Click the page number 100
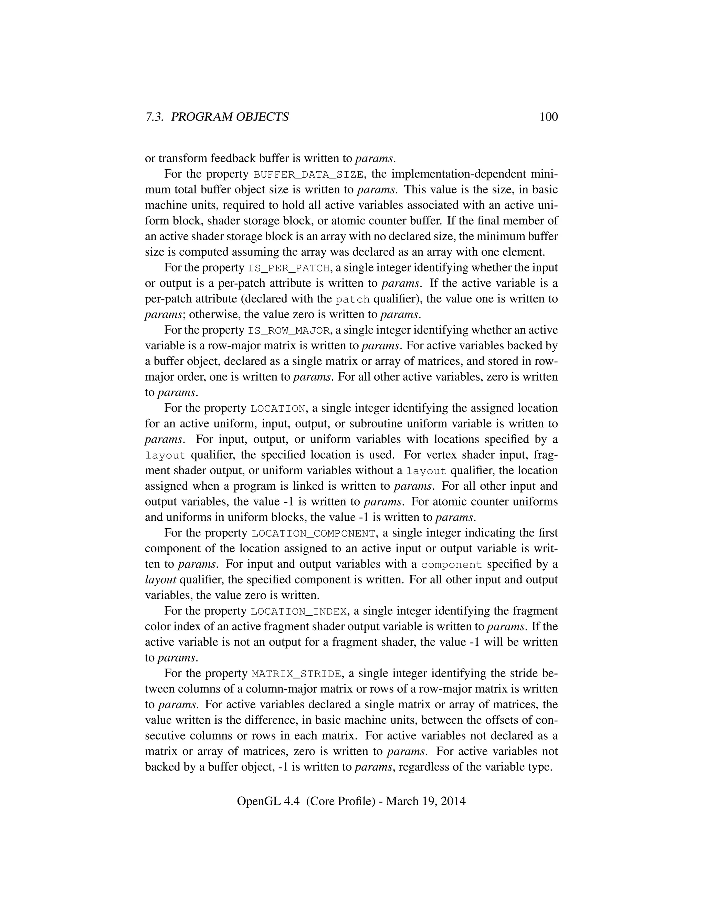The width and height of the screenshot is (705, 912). point(548,117)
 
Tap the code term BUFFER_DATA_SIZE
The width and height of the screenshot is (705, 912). point(308,174)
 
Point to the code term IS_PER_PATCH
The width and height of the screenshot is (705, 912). point(288,268)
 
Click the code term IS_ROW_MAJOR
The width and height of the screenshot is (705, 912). point(288,331)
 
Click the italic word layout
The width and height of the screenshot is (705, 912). point(160,580)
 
